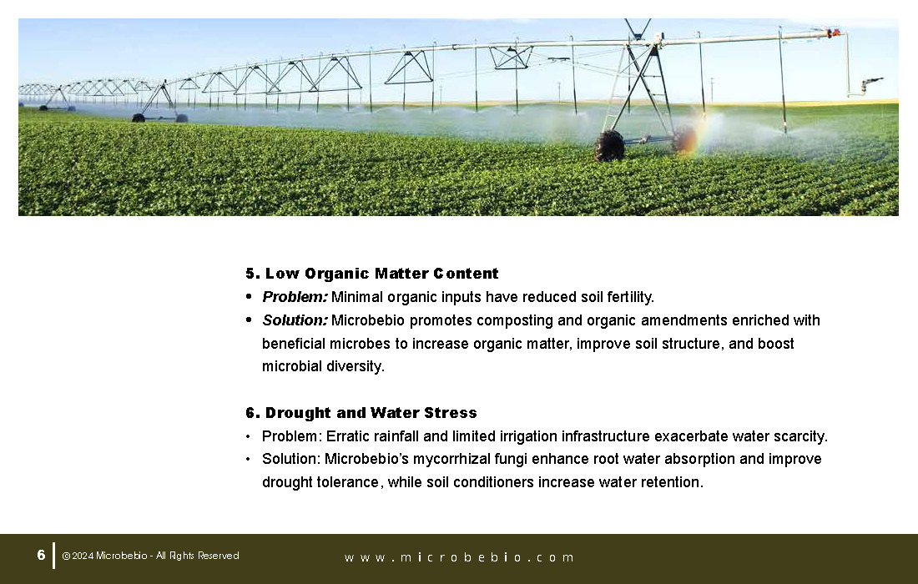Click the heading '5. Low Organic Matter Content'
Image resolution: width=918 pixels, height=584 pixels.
[x=371, y=274]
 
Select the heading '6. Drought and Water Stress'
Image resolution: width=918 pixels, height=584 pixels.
[x=361, y=412]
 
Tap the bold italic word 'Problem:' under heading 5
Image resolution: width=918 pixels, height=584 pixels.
[x=295, y=297]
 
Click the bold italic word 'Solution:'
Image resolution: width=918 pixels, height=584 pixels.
[x=295, y=320]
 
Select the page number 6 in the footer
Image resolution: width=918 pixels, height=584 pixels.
[x=41, y=555]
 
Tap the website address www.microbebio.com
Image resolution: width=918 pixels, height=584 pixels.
[x=459, y=557]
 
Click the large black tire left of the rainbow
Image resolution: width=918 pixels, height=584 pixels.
[x=609, y=146]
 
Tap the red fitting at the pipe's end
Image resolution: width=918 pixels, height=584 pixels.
[x=833, y=33]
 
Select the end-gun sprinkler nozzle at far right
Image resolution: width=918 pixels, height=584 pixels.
[x=871, y=82]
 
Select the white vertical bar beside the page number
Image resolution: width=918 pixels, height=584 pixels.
[x=54, y=556]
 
